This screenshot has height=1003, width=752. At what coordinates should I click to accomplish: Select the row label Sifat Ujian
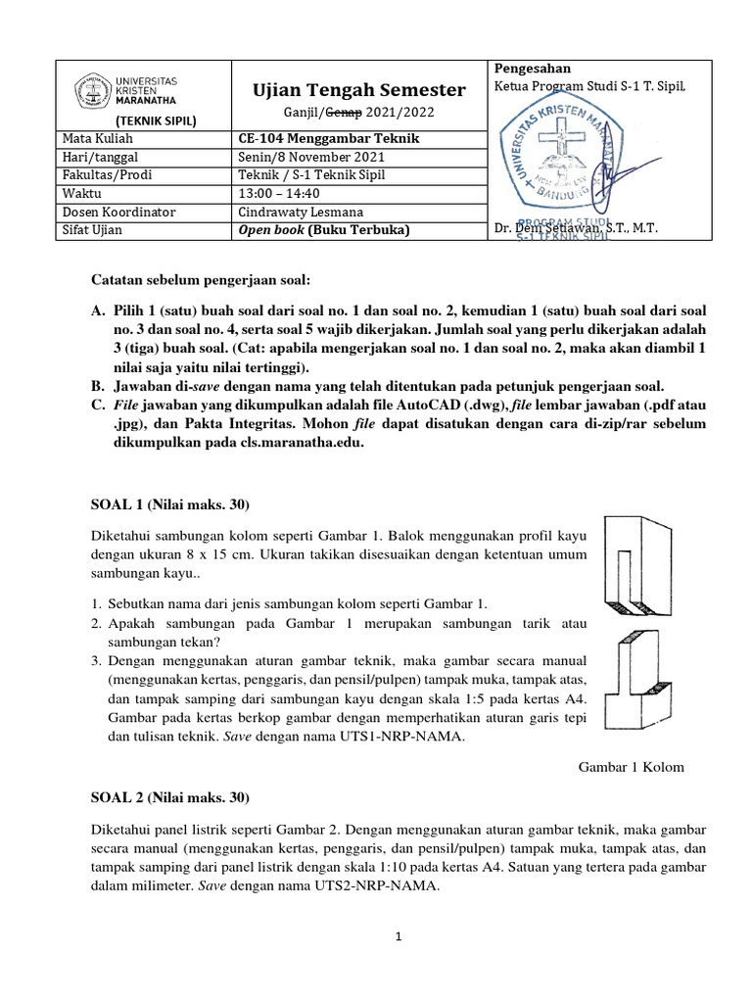pyautogui.click(x=93, y=230)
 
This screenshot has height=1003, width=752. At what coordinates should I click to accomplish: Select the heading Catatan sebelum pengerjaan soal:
pyautogui.click(x=200, y=281)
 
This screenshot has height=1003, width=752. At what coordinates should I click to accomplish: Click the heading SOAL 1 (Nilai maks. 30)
pyautogui.click(x=170, y=505)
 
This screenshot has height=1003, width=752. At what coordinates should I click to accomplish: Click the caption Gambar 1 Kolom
pyautogui.click(x=633, y=767)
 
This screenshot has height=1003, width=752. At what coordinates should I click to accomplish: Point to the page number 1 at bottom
pyautogui.click(x=399, y=937)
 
